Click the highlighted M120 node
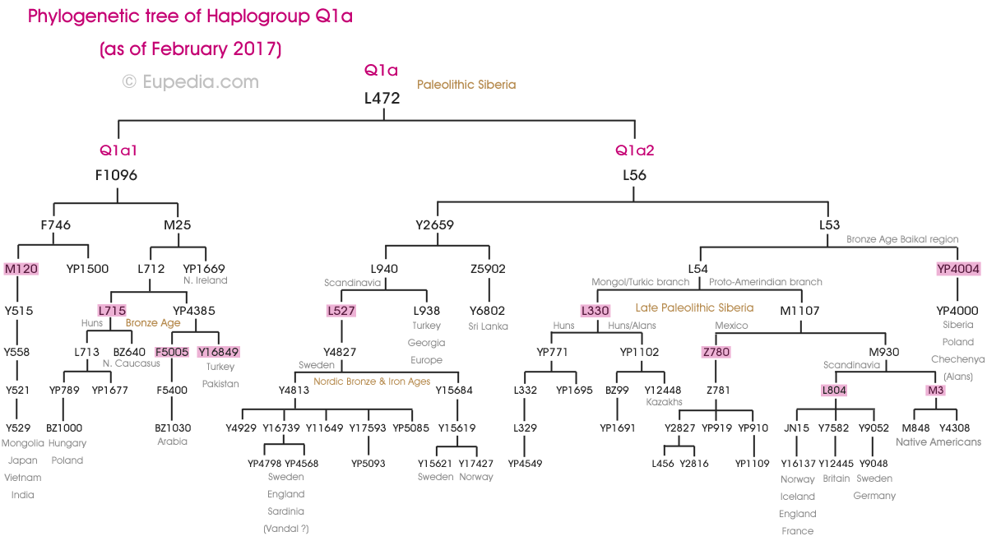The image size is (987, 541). [x=21, y=269]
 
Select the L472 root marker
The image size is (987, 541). [x=382, y=99]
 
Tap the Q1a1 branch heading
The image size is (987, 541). [x=118, y=150]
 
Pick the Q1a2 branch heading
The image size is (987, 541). [x=635, y=150]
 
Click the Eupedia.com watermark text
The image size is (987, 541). [x=191, y=81]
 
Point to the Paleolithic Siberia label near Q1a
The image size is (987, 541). [x=466, y=85]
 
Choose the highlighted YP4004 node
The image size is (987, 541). [x=958, y=269]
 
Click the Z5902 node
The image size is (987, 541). [x=489, y=269]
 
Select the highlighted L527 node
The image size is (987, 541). [x=341, y=311]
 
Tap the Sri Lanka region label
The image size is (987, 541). [x=489, y=326]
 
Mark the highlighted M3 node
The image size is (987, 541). [x=936, y=390]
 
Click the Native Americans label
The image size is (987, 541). [x=938, y=442]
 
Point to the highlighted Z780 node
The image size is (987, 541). [x=716, y=352]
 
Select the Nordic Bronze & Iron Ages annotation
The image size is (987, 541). [x=372, y=381]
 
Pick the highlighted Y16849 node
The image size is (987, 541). [x=219, y=352]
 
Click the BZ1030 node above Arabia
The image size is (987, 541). [x=173, y=428]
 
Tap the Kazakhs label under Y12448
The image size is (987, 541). [x=663, y=403]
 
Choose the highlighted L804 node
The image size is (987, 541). [x=834, y=390]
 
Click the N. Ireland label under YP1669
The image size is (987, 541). [x=205, y=281]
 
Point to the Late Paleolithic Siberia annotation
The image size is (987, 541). [x=694, y=308]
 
